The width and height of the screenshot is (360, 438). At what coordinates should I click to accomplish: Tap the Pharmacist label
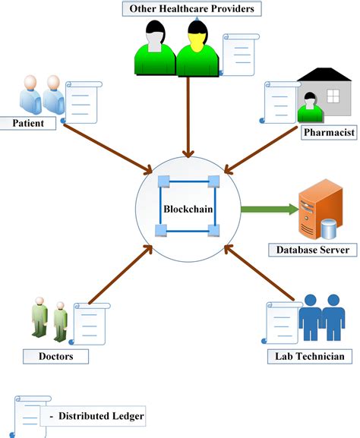(328, 133)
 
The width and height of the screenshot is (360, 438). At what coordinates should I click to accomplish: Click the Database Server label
(312, 250)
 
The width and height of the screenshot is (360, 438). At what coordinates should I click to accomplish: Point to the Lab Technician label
(309, 356)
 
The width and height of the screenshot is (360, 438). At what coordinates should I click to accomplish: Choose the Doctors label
(43, 355)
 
